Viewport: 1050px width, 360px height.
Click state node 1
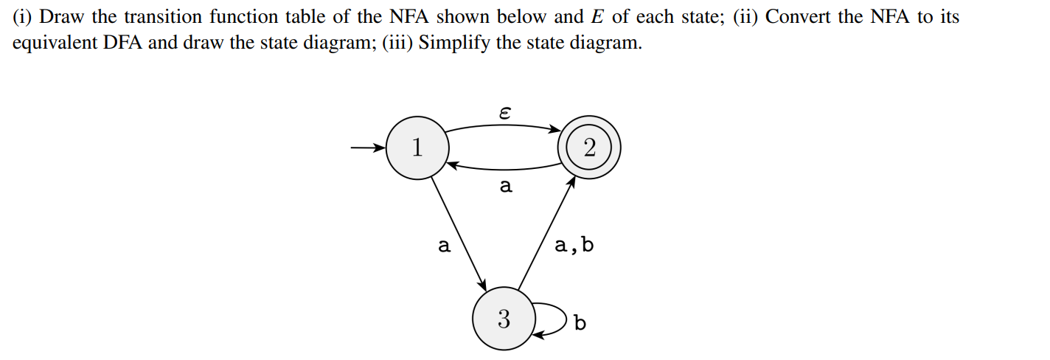coord(417,148)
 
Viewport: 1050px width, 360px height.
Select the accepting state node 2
coord(589,148)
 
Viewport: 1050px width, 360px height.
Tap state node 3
coord(503,319)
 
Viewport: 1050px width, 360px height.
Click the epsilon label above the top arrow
coord(504,113)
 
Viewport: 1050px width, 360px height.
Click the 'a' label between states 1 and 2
coord(505,187)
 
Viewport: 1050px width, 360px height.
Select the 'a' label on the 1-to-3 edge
coord(444,246)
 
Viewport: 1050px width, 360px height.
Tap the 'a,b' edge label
coord(573,245)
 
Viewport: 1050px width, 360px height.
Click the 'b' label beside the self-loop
coord(580,323)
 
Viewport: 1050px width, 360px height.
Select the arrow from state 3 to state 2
coord(546,232)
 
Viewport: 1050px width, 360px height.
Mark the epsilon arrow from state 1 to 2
coord(504,126)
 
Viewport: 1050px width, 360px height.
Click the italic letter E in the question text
coord(598,17)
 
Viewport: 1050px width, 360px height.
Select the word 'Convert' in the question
coord(796,17)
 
